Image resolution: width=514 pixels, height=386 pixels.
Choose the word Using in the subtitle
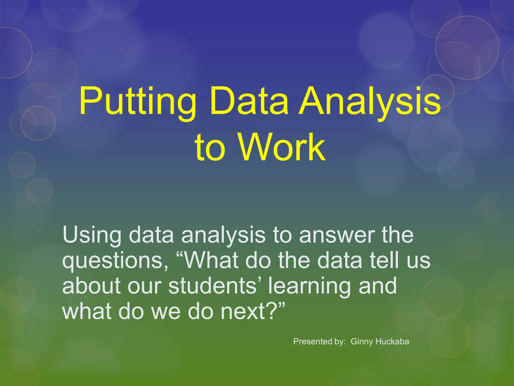point(92,235)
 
